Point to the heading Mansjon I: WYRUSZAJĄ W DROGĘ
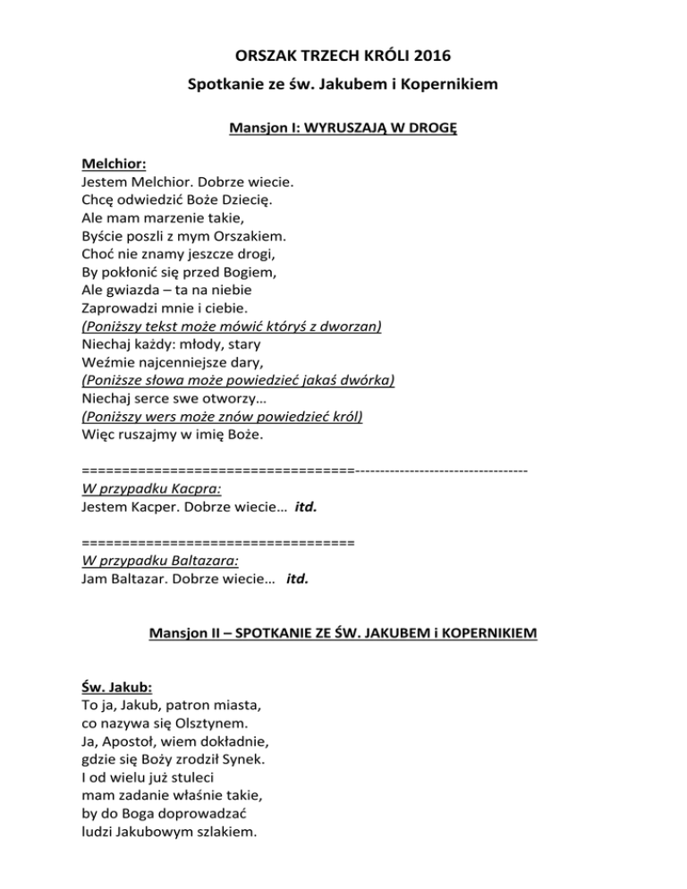pyautogui.click(x=343, y=128)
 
